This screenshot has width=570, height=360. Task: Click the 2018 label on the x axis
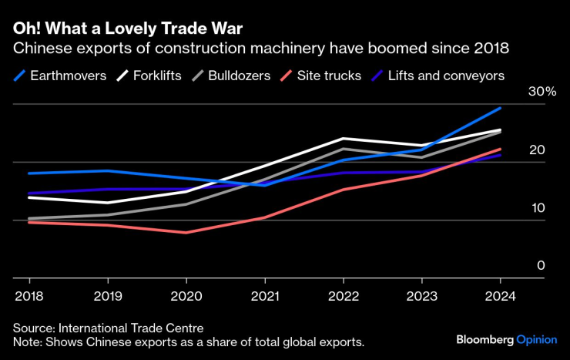(28, 296)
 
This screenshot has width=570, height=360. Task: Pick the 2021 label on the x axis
(264, 296)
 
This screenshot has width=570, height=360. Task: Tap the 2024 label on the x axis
(500, 296)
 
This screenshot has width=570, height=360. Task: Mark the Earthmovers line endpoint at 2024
(500, 109)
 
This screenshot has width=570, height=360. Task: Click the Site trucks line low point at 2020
(186, 232)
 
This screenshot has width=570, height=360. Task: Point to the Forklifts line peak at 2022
(343, 139)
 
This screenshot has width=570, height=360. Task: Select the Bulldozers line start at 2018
(28, 219)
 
